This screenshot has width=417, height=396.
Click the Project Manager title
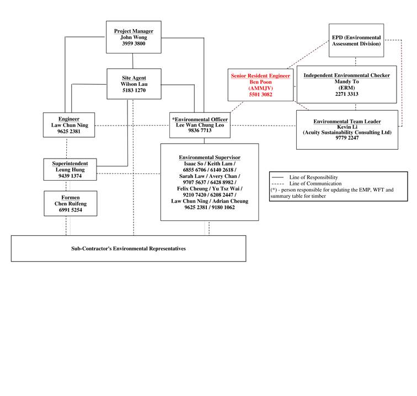coord(133,31)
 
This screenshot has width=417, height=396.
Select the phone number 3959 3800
coord(133,43)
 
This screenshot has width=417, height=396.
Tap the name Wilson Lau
coord(133,84)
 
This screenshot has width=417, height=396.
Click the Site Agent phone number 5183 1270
coord(133,90)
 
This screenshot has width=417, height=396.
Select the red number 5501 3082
coord(260,94)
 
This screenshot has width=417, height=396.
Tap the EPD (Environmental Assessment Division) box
coord(356,40)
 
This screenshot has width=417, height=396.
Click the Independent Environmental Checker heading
coord(346,75)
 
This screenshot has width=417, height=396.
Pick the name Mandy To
coord(346,82)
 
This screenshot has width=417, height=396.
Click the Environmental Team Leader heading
coord(347,121)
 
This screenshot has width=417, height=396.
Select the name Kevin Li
coord(347,127)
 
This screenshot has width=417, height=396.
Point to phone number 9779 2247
coord(347,138)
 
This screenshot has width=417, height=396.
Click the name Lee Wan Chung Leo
coord(200,126)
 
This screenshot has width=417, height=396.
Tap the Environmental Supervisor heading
coord(210,158)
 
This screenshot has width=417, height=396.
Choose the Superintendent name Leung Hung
coord(69,170)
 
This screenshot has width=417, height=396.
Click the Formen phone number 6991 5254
coord(69,210)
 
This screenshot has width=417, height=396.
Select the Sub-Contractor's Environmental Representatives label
coord(129,248)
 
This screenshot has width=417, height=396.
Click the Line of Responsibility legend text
coord(313,177)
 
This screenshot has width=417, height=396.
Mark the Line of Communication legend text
coord(315,183)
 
